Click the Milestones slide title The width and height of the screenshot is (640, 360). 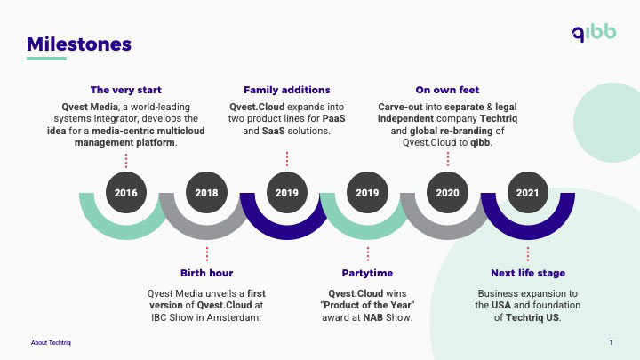79,44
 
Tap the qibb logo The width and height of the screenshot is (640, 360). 594,33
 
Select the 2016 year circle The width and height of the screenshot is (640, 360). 125,192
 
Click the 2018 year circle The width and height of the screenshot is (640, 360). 206,192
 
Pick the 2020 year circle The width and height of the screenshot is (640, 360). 447,192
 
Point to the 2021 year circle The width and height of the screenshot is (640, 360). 528,192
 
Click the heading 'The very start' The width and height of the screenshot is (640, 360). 126,90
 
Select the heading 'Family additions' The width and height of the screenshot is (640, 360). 287,90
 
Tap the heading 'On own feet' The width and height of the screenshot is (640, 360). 447,90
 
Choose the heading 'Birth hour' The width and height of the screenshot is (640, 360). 206,273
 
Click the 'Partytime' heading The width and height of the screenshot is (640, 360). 367,273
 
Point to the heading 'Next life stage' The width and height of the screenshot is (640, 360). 528,273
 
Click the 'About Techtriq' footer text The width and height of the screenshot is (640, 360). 51,343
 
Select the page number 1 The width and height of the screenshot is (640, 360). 611,343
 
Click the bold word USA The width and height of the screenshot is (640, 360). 501,305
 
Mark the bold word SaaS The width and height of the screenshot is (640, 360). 273,131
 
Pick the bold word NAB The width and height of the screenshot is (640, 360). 373,317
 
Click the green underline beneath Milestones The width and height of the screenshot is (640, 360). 46,59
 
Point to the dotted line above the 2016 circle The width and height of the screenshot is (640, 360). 126,161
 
